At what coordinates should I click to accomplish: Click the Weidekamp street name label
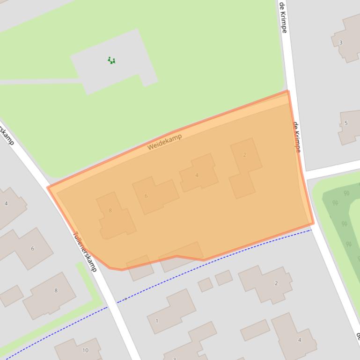[164, 142]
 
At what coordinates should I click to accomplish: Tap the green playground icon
[111, 60]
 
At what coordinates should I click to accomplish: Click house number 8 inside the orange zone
[110, 210]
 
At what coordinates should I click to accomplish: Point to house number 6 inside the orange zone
[146, 196]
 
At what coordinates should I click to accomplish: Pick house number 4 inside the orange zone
[197, 175]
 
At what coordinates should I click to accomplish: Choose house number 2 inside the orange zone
[244, 155]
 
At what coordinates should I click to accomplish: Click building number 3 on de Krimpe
[341, 43]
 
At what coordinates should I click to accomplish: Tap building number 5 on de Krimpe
[346, 123]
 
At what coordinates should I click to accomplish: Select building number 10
[85, 350]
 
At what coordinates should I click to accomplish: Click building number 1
[157, 321]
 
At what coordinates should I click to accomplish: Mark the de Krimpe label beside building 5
[297, 137]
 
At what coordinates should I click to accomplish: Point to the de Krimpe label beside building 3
[283, 17]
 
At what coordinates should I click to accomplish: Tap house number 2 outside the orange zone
[276, 283]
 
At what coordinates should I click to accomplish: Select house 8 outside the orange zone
[56, 290]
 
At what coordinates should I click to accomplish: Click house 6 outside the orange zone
[32, 248]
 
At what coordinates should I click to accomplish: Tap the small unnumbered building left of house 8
[10, 295]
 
